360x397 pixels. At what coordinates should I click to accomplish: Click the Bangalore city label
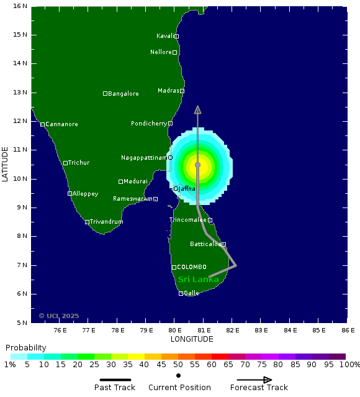pos(124,94)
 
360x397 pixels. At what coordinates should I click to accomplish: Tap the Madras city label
pos(168,91)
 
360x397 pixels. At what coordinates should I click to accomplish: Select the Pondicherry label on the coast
pos(149,124)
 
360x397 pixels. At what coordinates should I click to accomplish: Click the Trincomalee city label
pos(188,220)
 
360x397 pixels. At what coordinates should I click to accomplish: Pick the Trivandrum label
pos(106,222)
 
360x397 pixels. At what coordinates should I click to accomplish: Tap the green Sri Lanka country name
pos(198,280)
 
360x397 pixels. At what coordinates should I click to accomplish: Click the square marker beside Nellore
pos(175,52)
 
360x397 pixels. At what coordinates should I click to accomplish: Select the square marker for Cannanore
pos(42,124)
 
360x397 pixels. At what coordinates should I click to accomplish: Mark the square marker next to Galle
pos(181,293)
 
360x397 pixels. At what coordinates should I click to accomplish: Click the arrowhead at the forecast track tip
pos(197,110)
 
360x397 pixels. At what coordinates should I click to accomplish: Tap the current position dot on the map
pos(197,165)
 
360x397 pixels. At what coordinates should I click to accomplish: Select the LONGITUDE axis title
pos(192,339)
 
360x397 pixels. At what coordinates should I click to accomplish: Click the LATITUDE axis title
pos(6,164)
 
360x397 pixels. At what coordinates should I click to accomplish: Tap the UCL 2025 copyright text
pos(59,316)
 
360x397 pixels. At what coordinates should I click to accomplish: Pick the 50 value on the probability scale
pos(178,365)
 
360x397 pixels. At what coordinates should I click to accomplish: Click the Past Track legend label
pos(115,388)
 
